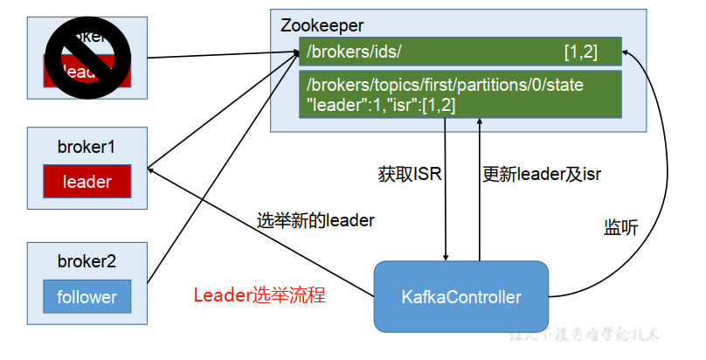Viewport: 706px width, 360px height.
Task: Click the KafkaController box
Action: [462, 296]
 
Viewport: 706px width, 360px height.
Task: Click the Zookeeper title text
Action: [322, 24]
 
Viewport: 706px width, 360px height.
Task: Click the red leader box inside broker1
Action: [87, 182]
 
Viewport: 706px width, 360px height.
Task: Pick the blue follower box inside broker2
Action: [87, 296]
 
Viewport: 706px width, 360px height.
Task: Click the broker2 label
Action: [87, 261]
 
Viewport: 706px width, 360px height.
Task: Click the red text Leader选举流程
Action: [260, 294]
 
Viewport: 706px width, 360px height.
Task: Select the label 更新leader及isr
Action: [542, 174]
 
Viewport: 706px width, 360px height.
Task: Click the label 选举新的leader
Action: [315, 219]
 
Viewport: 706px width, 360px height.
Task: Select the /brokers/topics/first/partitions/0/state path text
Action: [445, 86]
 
